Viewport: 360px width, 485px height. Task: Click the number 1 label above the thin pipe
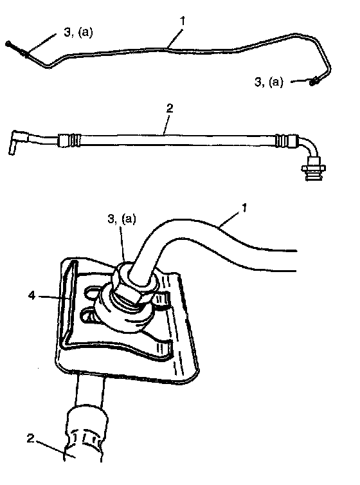[x=183, y=21]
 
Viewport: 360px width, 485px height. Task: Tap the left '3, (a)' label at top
[x=78, y=32]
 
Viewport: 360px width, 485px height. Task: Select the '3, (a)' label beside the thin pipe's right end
[x=269, y=82]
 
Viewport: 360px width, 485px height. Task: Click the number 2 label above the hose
[x=170, y=108]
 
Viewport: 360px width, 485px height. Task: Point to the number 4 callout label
[x=32, y=295]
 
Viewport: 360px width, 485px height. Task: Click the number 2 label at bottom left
[x=30, y=438]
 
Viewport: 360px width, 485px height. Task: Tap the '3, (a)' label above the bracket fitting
[x=122, y=219]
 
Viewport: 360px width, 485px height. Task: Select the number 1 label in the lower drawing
[x=244, y=208]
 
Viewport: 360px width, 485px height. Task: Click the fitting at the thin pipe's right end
[x=315, y=81]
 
